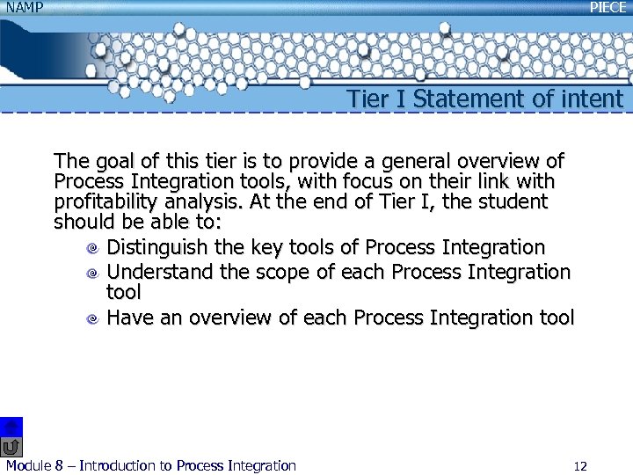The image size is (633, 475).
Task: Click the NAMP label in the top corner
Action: [x=25, y=7]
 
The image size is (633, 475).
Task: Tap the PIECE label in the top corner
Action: [x=608, y=7]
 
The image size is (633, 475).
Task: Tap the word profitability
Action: [x=106, y=202]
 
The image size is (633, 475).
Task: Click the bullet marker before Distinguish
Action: [x=91, y=250]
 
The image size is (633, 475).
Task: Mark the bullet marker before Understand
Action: [x=91, y=274]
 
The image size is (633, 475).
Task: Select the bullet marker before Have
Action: [x=91, y=319]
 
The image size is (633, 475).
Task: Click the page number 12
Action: [x=579, y=466]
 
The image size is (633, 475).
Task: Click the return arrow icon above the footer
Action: [x=11, y=446]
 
